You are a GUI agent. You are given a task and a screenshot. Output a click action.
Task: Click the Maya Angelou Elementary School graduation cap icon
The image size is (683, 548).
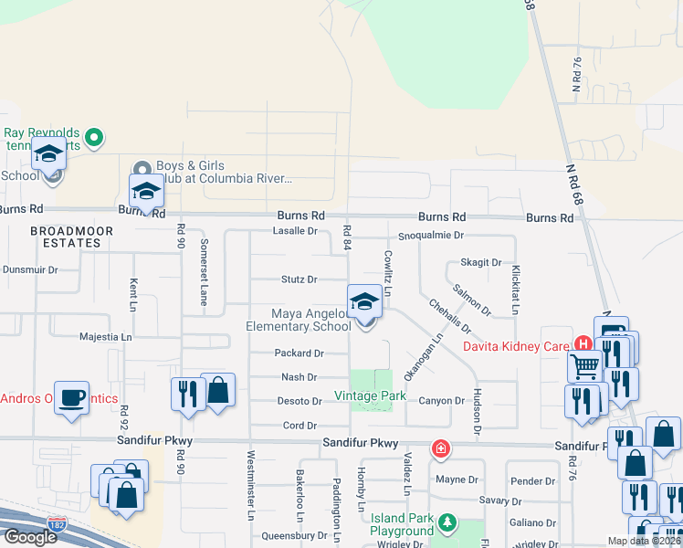(x=364, y=302)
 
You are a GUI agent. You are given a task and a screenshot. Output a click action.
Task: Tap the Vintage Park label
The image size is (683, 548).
(x=369, y=395)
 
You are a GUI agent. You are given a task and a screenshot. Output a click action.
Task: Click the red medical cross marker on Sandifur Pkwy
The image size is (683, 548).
(x=440, y=449)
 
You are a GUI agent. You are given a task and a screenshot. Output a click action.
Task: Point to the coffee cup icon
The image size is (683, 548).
(x=71, y=398)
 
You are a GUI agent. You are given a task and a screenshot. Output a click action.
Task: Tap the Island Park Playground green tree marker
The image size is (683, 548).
(x=447, y=523)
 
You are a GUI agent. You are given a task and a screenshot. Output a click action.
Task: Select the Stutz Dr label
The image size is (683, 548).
(x=299, y=279)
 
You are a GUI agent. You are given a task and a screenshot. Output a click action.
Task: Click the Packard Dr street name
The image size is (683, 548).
(x=299, y=353)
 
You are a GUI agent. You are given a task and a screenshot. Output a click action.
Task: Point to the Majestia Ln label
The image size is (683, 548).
(x=107, y=337)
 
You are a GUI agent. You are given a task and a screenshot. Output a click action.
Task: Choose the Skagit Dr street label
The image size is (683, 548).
(x=481, y=262)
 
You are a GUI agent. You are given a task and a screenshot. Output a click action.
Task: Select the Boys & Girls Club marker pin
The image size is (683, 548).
(x=142, y=169)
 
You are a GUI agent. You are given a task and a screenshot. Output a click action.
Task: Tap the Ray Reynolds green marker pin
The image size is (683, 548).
(x=93, y=139)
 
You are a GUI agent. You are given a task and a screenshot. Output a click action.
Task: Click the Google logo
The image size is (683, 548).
(x=30, y=537)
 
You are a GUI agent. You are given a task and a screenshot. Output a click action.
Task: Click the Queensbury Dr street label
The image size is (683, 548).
(x=294, y=535)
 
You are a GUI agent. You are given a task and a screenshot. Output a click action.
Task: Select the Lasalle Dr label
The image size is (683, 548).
(x=295, y=231)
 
